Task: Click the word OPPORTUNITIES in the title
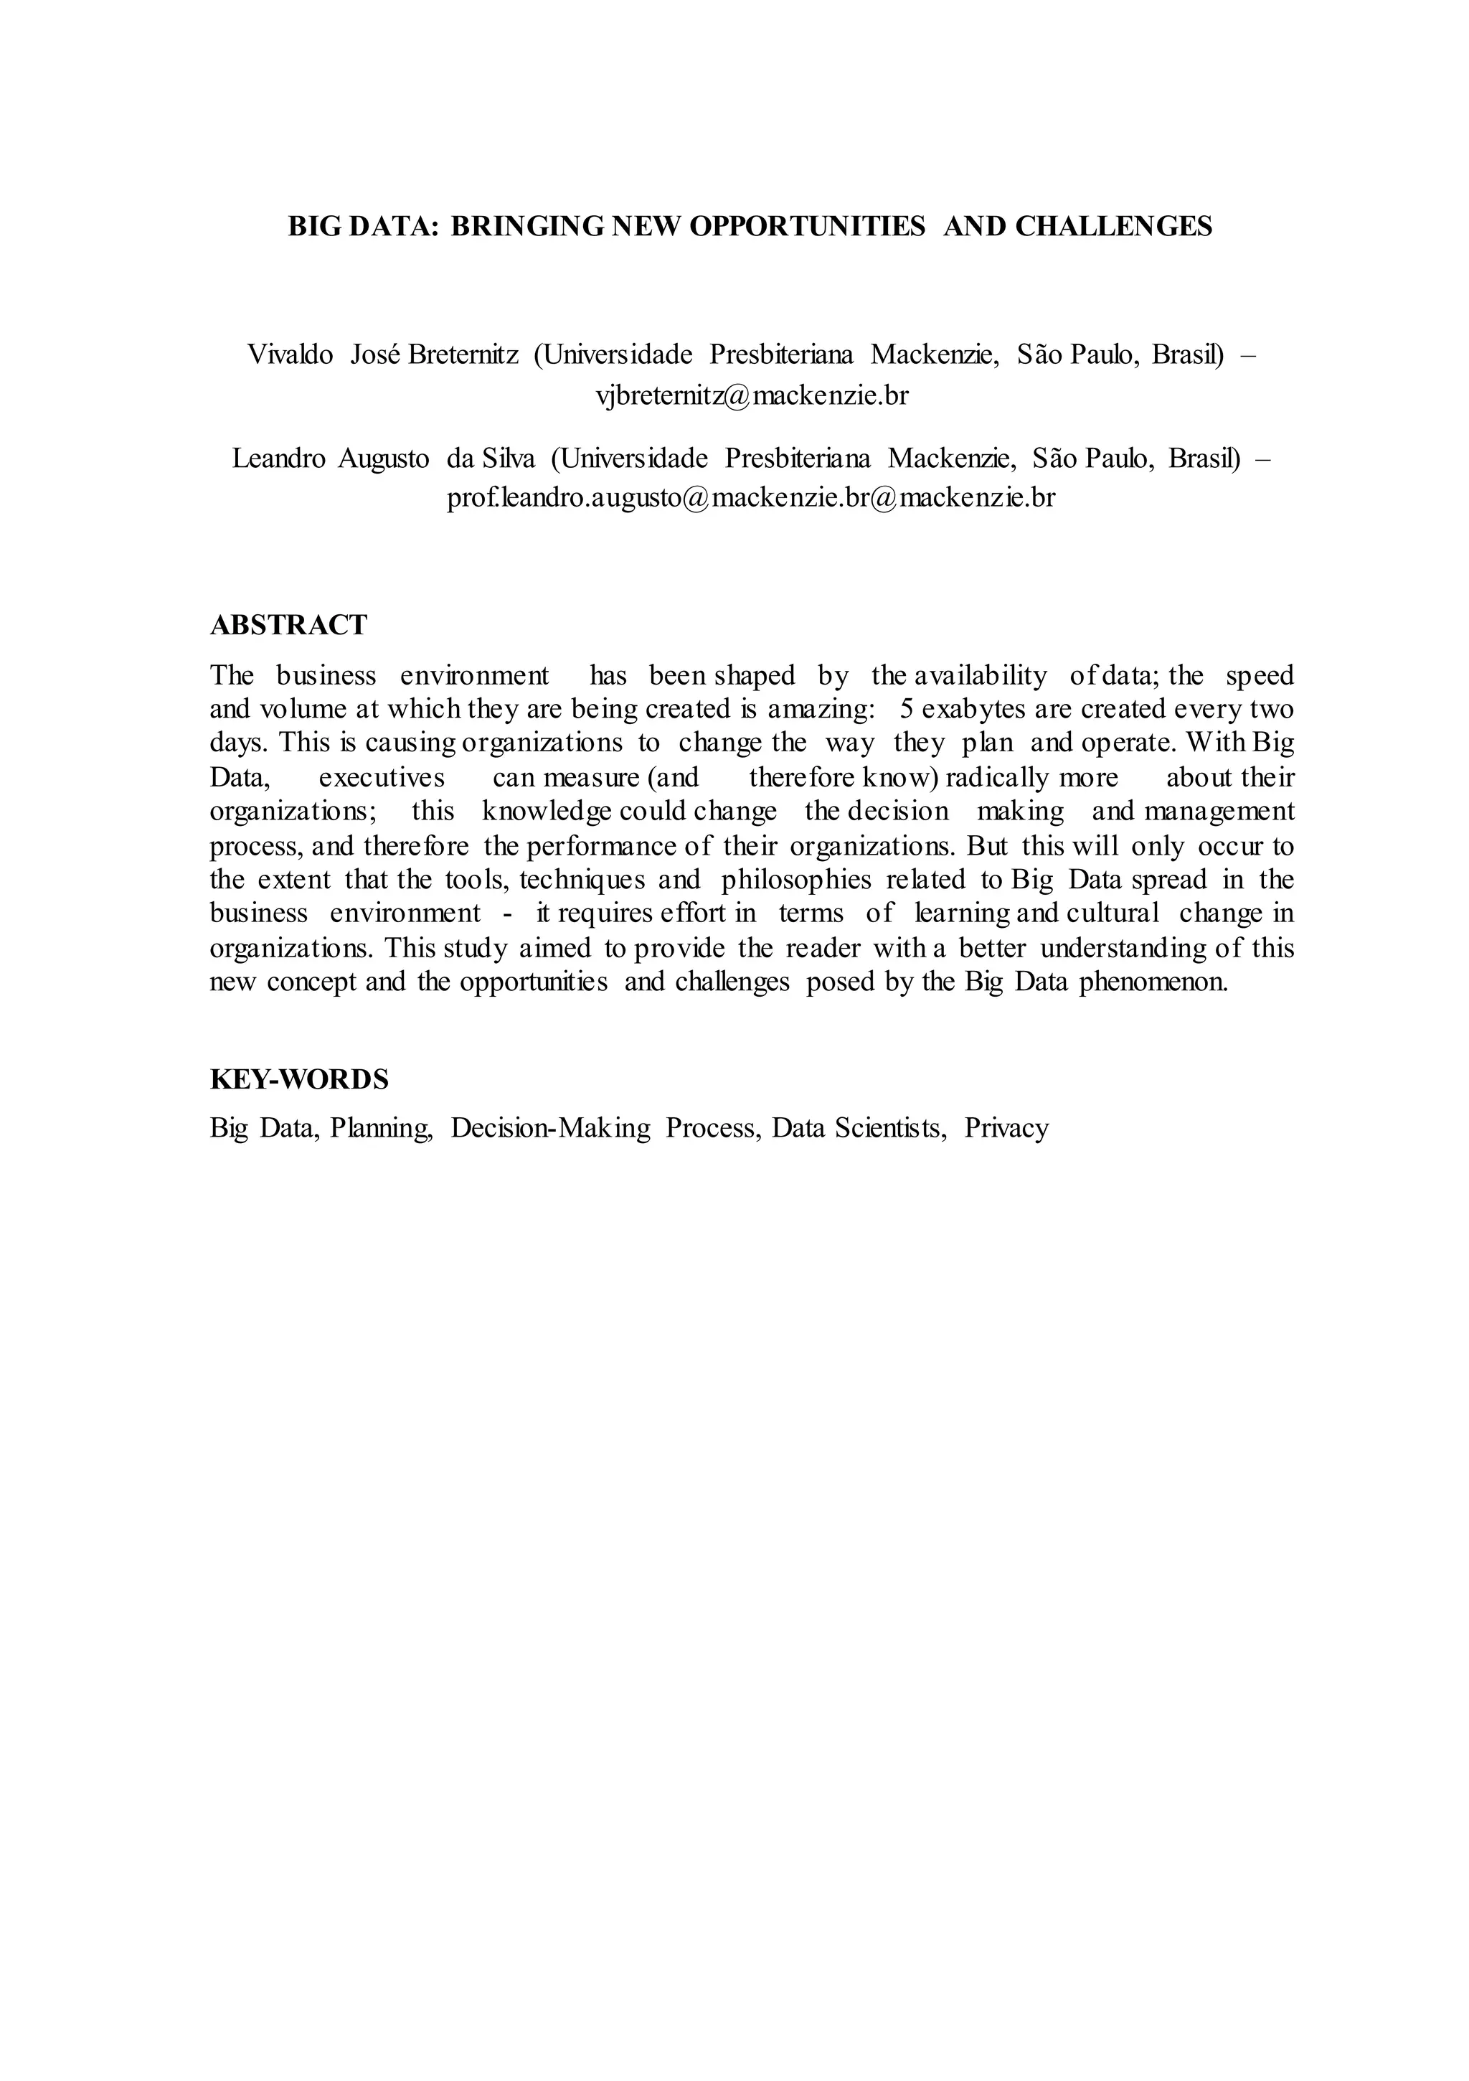pyautogui.click(x=806, y=227)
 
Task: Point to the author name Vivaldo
pyautogui.click(x=290, y=354)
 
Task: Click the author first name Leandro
pyautogui.click(x=278, y=458)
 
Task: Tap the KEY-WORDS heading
pyautogui.click(x=299, y=1079)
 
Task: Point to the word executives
pyautogui.click(x=382, y=776)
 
